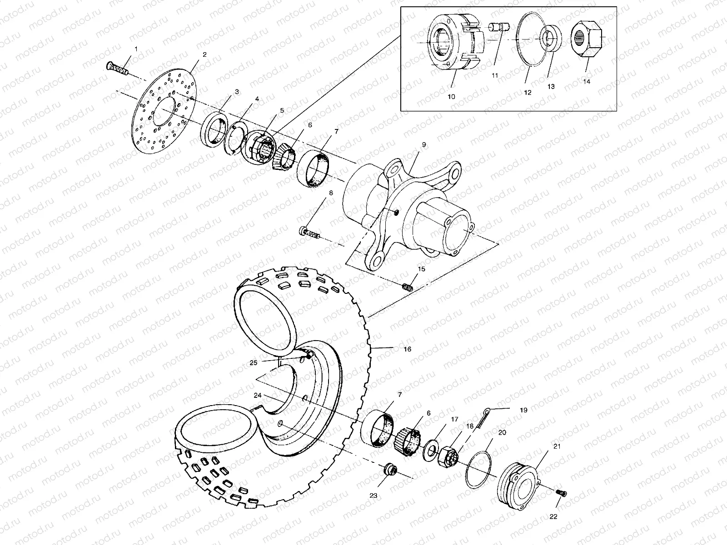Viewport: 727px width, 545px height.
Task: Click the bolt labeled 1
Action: (117, 68)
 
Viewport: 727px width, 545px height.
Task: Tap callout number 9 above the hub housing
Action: (423, 144)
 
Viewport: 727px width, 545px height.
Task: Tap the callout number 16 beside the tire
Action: (407, 349)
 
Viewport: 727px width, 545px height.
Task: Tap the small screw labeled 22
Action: (562, 493)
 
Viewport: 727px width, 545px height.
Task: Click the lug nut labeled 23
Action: (390, 470)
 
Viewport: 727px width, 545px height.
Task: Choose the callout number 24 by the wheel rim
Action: (258, 396)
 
